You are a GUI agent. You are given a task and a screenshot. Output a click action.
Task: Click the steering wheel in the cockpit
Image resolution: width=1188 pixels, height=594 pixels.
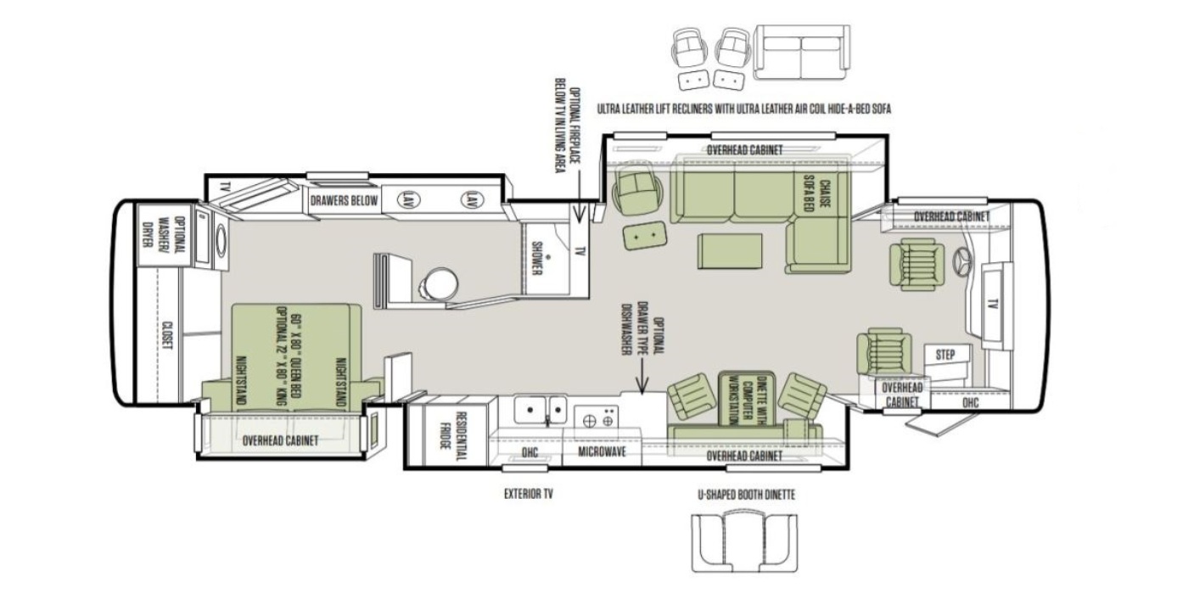(x=961, y=262)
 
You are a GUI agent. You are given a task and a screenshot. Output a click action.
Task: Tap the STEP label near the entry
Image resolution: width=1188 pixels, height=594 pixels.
(x=945, y=355)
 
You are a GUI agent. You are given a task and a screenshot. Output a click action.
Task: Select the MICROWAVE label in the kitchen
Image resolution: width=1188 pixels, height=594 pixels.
(x=602, y=451)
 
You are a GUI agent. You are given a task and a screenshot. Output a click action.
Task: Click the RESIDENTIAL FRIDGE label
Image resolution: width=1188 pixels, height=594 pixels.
(x=453, y=438)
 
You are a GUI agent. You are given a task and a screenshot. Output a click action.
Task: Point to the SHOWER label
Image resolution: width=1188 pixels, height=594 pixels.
(x=536, y=258)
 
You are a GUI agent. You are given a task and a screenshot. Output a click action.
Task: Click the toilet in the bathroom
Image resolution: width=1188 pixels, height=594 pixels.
(x=440, y=286)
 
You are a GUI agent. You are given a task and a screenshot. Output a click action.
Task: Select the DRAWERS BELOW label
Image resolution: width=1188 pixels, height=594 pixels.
(x=344, y=200)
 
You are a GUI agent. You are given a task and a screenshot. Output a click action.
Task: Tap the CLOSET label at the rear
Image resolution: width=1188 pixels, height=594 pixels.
(x=168, y=335)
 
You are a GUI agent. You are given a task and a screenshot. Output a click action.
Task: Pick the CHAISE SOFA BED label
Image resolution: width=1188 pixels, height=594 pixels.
(x=817, y=193)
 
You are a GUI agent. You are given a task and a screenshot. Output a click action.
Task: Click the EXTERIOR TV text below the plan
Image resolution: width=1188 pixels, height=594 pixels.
(x=528, y=494)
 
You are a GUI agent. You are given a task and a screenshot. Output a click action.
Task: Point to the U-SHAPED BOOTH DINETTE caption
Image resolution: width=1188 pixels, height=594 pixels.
(x=746, y=495)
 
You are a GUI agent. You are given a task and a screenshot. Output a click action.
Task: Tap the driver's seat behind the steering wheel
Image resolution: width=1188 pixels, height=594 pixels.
(x=910, y=264)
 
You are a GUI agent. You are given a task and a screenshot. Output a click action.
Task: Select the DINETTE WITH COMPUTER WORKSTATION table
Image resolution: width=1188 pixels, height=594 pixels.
(x=747, y=398)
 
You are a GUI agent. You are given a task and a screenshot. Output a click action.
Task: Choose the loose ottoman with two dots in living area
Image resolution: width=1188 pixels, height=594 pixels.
(x=644, y=235)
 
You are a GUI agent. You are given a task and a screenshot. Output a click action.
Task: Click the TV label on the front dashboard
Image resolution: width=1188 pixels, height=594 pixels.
(x=993, y=305)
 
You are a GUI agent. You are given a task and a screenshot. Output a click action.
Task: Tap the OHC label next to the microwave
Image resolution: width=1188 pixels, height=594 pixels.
(x=530, y=452)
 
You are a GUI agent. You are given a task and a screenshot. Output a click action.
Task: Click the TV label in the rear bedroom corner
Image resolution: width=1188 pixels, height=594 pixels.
(x=226, y=187)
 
